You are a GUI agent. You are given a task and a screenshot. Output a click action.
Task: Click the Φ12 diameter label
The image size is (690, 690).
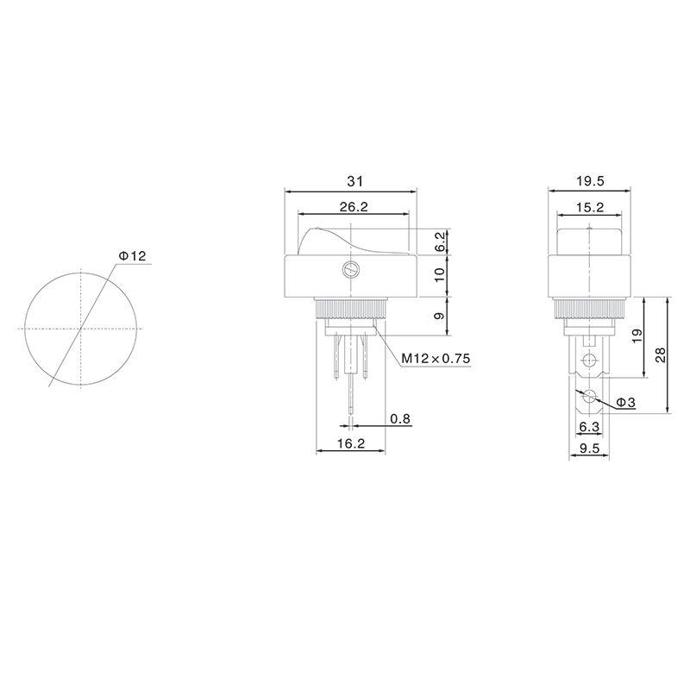(133, 256)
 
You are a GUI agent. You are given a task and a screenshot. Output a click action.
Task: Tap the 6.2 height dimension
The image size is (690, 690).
(440, 241)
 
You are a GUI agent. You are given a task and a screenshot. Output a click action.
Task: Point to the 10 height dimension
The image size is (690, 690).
(440, 276)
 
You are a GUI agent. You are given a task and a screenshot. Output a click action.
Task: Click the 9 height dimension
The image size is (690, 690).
(440, 317)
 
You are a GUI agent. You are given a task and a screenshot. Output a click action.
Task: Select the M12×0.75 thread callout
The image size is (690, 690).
(436, 360)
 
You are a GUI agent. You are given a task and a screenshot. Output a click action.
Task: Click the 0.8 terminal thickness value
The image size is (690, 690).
(400, 418)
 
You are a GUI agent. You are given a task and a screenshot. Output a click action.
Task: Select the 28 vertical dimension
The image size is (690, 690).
(660, 355)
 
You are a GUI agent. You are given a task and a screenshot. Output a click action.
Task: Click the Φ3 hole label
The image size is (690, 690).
(626, 403)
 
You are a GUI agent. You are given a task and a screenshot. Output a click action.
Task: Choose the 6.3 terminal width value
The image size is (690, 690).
(589, 426)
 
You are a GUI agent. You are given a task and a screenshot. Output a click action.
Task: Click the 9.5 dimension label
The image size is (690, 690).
(589, 448)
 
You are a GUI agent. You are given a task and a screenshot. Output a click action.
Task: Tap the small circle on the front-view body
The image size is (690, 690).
(350, 270)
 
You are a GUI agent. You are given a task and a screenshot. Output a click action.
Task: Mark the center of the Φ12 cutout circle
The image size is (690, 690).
(81, 329)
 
